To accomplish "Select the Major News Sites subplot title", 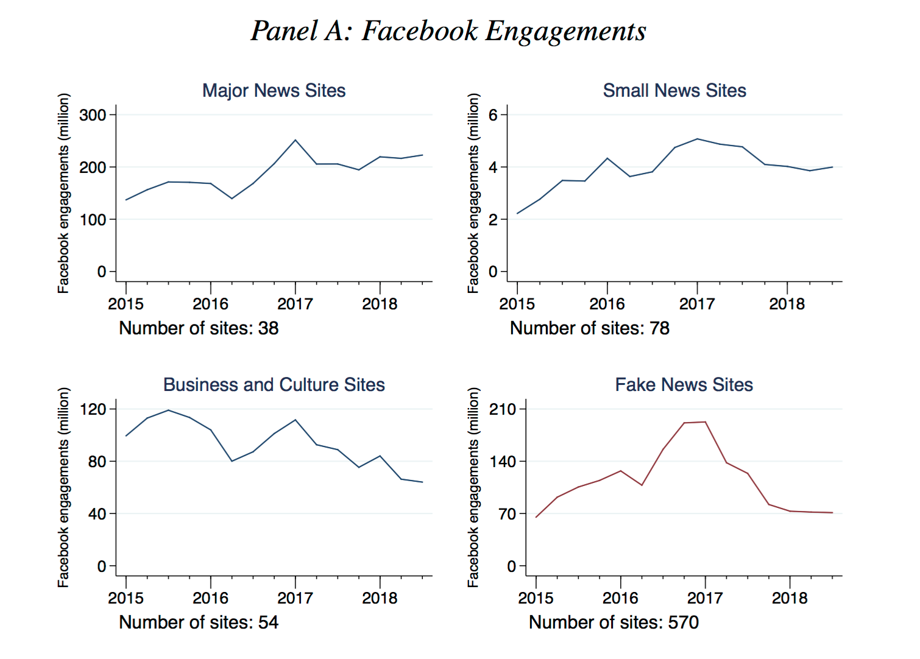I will (274, 91).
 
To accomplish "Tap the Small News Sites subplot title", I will (674, 91).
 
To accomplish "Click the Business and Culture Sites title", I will (274, 385).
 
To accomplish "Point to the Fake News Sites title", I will (684, 385).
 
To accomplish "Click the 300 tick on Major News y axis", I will (93, 115).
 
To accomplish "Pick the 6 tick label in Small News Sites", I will (494, 115).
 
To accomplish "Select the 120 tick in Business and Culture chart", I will (93, 409).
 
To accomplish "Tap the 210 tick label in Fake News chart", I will (503, 409).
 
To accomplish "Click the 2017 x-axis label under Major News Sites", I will (295, 304).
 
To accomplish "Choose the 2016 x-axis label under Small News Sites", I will (607, 304).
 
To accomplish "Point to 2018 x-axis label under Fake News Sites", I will (790, 598).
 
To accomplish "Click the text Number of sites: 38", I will (199, 328).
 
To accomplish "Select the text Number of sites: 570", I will (614, 622).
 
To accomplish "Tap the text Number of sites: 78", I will (589, 328).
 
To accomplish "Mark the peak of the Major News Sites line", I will (295, 140).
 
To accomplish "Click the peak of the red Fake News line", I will (705, 421).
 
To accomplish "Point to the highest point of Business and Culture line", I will (169, 410).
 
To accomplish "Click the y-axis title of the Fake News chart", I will (473, 487).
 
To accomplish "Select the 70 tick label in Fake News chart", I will (507, 514).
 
